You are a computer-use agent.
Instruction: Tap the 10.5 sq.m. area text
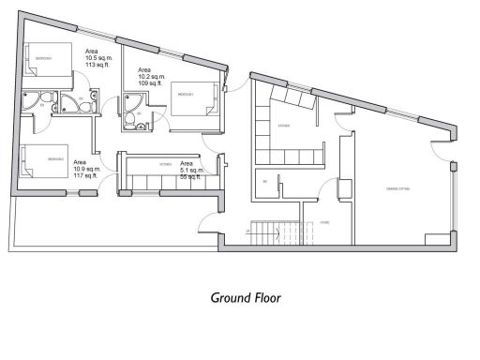(100, 58)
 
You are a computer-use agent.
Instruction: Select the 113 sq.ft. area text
(97, 66)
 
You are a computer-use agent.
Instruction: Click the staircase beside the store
(278, 230)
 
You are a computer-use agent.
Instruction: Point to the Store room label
(324, 222)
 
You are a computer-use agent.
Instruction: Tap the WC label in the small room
(265, 180)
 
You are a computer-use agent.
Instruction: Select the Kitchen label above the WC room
(283, 125)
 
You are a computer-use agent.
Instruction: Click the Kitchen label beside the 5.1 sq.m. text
(166, 162)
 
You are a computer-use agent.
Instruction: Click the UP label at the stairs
(247, 230)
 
